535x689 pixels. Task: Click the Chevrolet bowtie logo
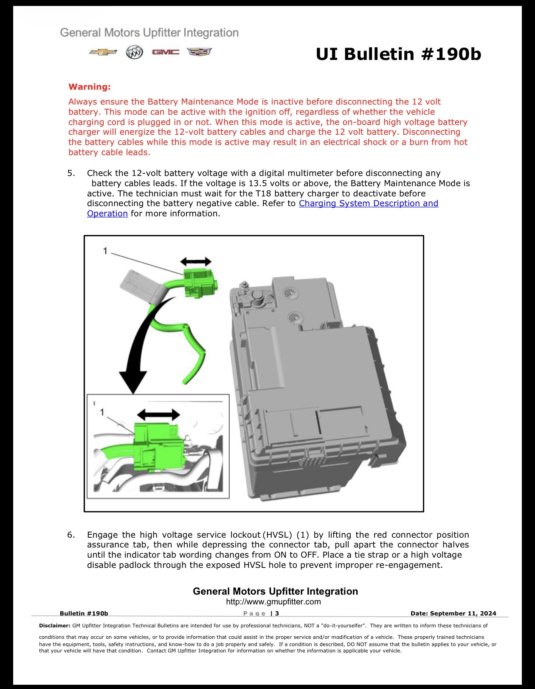103,52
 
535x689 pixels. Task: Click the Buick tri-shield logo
134,52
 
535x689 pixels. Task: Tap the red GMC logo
165,52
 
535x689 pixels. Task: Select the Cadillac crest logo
199,52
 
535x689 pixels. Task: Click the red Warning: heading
90,87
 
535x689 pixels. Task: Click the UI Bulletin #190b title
398,54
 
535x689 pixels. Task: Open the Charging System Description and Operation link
262,208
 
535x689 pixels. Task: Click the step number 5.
71,173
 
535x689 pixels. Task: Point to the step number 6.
71,535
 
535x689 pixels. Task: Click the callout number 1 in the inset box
102,412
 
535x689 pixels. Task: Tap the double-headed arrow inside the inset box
158,414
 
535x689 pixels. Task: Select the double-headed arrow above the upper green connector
196,261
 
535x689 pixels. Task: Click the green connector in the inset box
158,448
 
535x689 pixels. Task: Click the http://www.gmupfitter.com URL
273,602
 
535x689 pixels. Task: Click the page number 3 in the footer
277,613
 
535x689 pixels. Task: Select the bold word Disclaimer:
54,626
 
